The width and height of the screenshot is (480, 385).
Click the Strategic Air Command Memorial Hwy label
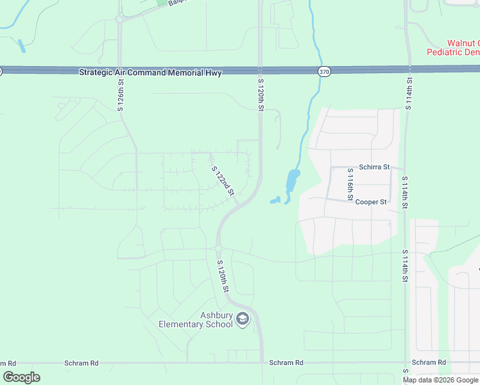pyautogui.click(x=150, y=73)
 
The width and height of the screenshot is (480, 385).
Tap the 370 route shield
pyautogui.click(x=324, y=73)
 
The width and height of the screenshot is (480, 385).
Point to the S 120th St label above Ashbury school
pyautogui.click(x=223, y=277)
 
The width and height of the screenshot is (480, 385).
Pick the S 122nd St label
pyautogui.click(x=223, y=180)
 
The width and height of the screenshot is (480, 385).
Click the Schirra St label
pyautogui.click(x=374, y=167)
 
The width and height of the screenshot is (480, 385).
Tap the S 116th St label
pyautogui.click(x=350, y=185)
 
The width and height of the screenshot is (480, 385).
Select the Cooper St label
pyautogui.click(x=371, y=201)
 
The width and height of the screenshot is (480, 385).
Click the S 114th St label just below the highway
pyautogui.click(x=409, y=92)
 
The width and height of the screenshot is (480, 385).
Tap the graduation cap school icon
pyautogui.click(x=243, y=319)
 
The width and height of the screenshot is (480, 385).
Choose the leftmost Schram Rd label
pyautogui.click(x=81, y=363)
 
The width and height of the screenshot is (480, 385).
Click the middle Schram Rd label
pyautogui.click(x=286, y=363)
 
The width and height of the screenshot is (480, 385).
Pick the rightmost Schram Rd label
pyautogui.click(x=429, y=363)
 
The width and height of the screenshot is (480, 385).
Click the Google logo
pyautogui.click(x=21, y=377)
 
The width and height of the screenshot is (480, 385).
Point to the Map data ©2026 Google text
pyautogui.click(x=440, y=380)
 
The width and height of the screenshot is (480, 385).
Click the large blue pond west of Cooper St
pyautogui.click(x=293, y=180)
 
